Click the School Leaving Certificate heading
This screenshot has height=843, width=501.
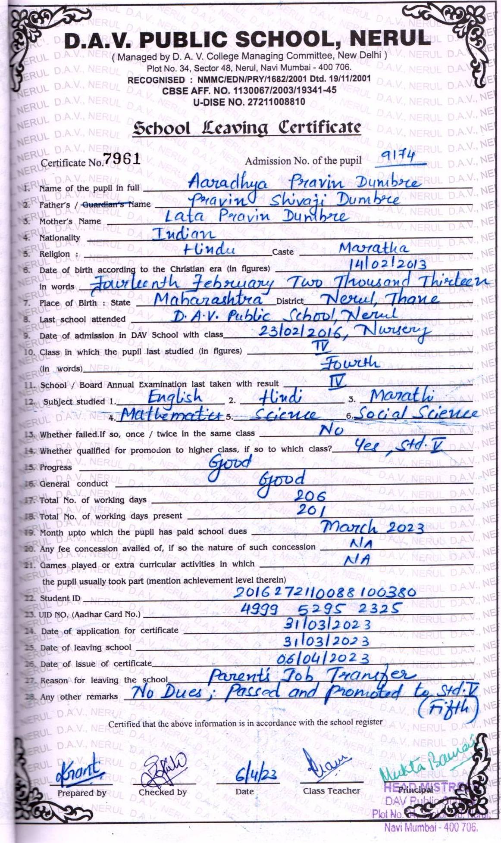tap(247, 128)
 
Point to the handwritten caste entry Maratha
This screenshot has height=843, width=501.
tap(373, 248)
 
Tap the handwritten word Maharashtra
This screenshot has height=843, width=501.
tap(208, 299)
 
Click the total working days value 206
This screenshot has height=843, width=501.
tap(310, 496)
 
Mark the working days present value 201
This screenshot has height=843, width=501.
tap(310, 510)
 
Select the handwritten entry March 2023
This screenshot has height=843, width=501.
tap(373, 527)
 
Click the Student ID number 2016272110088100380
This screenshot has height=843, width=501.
tap(325, 593)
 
